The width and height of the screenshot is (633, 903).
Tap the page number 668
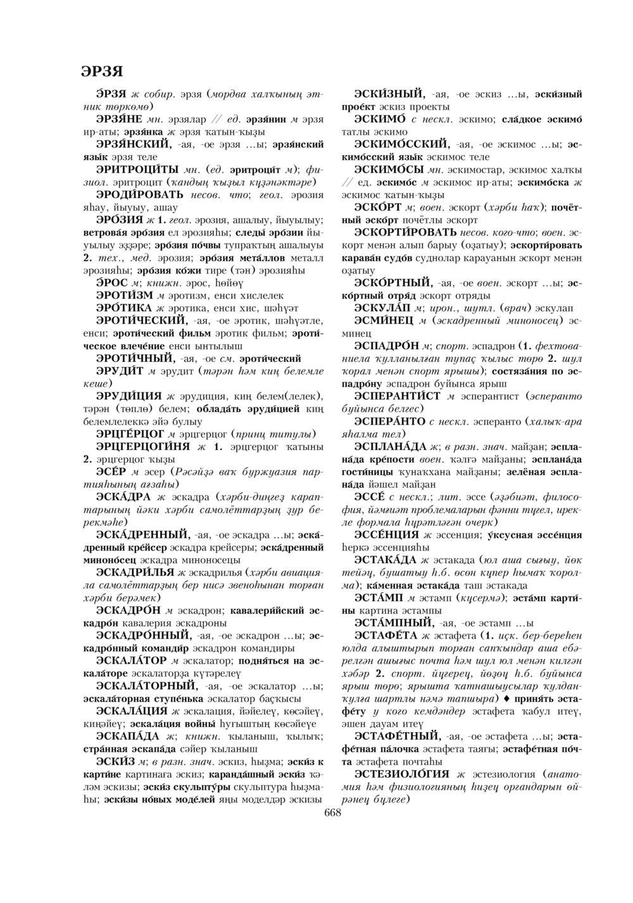pos(332,813)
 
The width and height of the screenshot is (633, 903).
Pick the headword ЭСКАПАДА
pos(127,736)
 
